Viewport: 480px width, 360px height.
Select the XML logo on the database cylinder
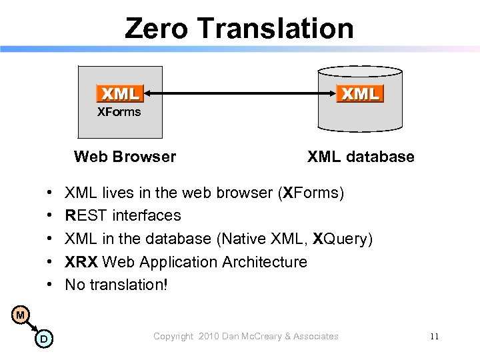360,93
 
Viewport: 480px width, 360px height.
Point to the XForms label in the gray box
119,112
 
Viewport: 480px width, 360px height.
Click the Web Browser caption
125,157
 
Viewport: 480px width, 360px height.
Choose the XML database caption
361,157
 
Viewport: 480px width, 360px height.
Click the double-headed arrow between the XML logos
239,93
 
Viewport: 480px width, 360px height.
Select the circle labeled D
43,340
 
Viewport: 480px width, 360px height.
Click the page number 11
434,337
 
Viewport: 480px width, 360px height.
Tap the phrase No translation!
117,285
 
